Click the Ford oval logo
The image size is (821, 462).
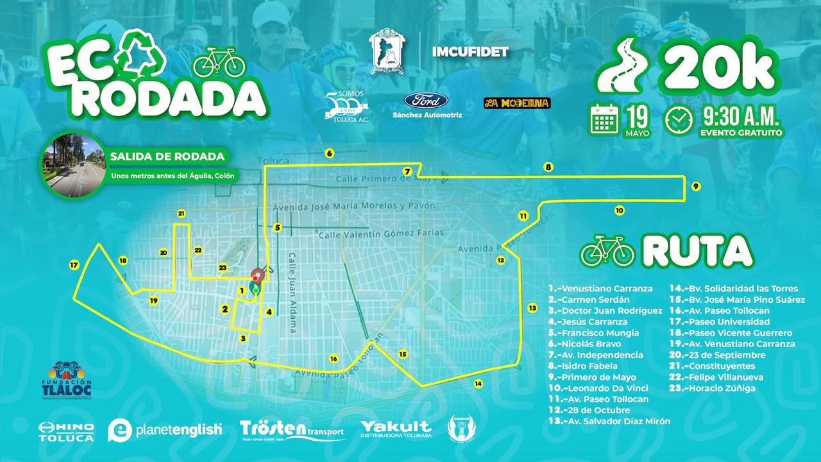[421, 101]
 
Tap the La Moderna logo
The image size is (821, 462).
[517, 103]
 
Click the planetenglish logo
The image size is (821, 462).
[165, 430]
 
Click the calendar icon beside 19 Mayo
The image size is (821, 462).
[604, 119]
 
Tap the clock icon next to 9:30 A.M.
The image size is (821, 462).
[679, 120]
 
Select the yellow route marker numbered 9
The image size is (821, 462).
[696, 186]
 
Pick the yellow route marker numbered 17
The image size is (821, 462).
[74, 264]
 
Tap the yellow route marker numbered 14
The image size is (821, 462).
[478, 384]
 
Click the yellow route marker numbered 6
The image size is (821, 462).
[329, 153]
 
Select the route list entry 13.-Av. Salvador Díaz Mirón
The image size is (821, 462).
[609, 421]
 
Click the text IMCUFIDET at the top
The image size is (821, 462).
[475, 51]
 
